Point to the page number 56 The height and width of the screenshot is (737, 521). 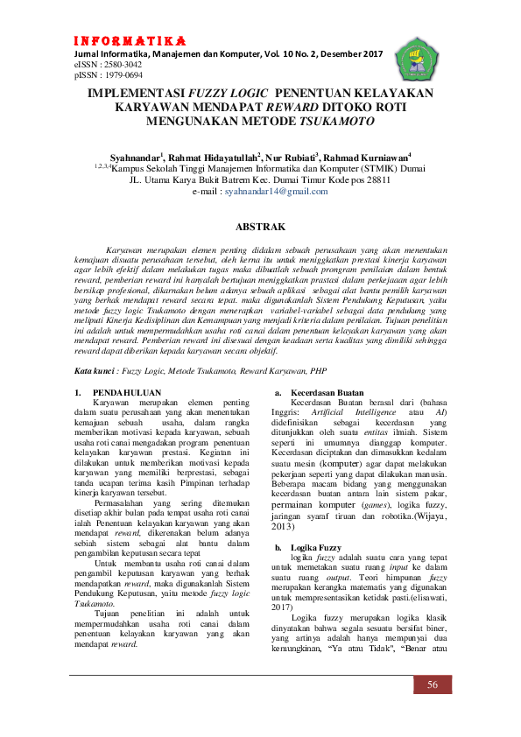pos(433,684)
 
